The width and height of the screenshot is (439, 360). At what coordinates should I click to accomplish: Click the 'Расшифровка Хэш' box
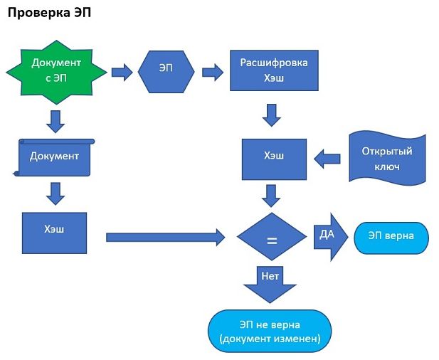274,70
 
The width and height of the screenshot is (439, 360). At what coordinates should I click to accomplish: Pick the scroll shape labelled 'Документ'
55,157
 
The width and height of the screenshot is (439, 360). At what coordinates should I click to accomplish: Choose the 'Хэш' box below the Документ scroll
54,232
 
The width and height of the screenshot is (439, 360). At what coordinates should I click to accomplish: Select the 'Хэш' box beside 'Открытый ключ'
274,159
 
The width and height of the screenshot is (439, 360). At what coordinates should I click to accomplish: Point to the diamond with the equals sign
271,239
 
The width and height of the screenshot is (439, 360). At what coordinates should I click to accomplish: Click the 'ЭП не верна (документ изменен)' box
270,332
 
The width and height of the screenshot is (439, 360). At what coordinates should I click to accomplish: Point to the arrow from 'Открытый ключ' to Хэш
327,159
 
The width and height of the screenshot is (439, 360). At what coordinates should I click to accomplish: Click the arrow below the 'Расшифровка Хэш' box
271,114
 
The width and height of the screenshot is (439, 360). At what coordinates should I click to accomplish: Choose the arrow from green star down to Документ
55,121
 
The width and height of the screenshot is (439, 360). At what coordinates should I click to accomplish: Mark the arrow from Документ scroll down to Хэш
55,194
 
